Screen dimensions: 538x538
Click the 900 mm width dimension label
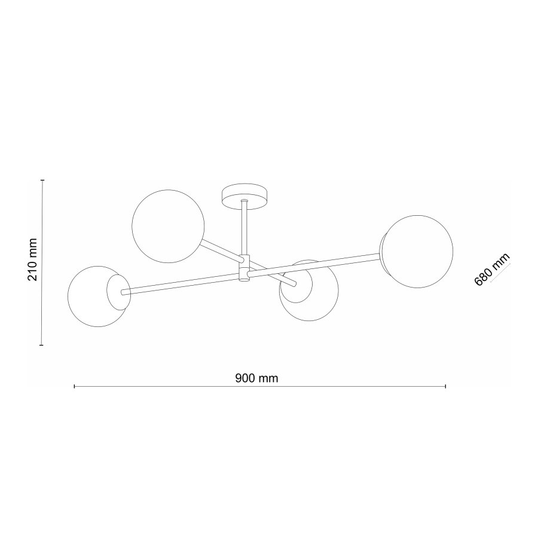257,378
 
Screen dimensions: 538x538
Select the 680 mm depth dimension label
491,270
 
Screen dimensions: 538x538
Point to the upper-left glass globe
168,226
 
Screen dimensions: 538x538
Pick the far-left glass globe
96,297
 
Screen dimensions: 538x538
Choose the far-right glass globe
418,252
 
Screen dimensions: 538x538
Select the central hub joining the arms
244,267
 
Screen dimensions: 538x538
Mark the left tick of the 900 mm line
74,387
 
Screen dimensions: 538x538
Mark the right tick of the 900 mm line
446,387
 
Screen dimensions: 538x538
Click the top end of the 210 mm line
41,180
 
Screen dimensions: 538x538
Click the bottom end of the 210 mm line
41,345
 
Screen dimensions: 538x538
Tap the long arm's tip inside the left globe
123,292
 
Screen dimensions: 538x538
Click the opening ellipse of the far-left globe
117,292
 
